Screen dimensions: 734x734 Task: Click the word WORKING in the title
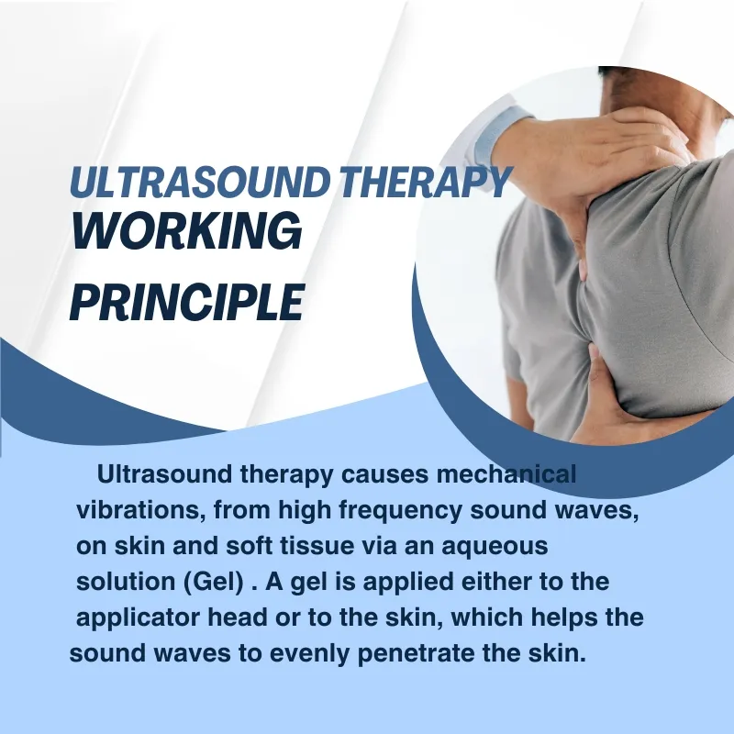point(186,230)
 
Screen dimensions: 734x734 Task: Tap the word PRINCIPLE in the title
point(186,301)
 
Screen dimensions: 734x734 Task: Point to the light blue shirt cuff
point(503,128)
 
